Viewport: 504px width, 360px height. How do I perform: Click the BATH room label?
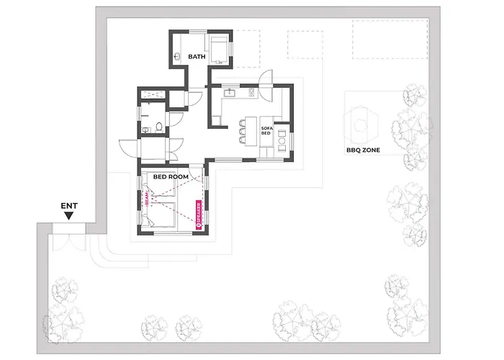point(197,57)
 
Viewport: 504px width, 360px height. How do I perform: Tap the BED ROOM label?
point(171,177)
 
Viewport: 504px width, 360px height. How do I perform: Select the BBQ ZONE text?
point(363,150)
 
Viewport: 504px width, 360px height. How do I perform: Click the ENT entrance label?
point(69,206)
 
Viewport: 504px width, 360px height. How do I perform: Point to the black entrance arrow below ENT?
point(68,216)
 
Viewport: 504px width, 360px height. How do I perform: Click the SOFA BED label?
point(266,130)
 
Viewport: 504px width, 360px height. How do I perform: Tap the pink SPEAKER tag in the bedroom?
point(199,215)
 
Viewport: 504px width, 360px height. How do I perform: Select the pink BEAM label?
point(148,199)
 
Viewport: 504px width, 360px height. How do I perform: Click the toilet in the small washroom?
point(159,127)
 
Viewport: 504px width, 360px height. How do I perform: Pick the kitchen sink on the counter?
point(230,93)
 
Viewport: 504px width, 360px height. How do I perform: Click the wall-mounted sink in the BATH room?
point(176,57)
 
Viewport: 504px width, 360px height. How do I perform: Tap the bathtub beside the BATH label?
point(219,50)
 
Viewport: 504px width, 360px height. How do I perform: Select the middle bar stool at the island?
point(242,132)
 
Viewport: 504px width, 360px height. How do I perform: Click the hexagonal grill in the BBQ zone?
point(360,125)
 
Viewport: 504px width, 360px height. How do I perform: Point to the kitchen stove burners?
point(251,92)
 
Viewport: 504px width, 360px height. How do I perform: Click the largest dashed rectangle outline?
point(390,40)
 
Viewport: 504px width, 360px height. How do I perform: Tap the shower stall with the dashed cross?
point(153,95)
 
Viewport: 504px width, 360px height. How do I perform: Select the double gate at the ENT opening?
point(69,241)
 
